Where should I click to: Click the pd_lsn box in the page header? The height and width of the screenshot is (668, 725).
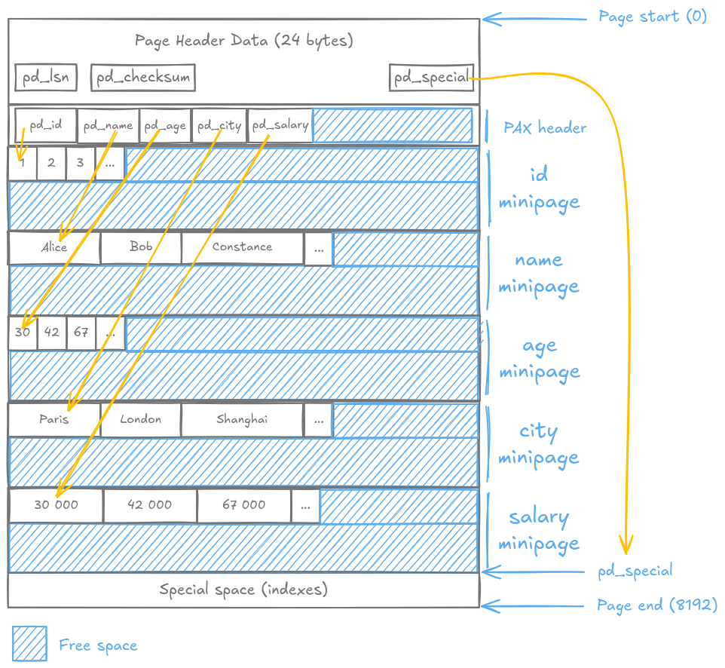46,78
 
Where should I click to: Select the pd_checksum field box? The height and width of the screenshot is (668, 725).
142,78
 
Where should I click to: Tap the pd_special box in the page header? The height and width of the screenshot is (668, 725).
431,78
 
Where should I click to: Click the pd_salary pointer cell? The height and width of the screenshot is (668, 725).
280,125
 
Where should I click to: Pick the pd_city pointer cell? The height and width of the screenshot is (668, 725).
219,125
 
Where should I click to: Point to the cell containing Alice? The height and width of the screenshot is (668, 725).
54,248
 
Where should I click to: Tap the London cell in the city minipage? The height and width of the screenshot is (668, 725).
141,420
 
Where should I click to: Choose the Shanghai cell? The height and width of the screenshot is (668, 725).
242,420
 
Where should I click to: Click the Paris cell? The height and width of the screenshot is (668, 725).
54,420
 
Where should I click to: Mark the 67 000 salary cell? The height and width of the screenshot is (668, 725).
243,505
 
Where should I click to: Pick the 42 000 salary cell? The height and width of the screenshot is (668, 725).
150,505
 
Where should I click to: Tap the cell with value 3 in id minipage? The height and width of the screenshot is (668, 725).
81,163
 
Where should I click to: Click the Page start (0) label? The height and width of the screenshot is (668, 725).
653,17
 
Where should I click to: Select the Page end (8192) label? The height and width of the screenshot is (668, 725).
656,605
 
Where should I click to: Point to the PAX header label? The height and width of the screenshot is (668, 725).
544,127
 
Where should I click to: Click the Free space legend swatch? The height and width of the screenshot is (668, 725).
29,644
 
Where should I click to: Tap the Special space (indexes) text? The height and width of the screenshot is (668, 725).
243,590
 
